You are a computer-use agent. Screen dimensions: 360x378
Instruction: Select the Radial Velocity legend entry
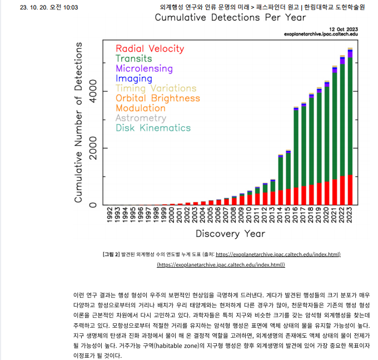[x=150, y=49]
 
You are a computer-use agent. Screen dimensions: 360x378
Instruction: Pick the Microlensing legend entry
[x=144, y=68]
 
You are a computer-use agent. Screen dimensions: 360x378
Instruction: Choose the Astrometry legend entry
[x=141, y=118]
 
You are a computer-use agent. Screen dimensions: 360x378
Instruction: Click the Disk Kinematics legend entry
[x=153, y=128]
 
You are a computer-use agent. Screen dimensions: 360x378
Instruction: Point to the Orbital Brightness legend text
[x=157, y=98]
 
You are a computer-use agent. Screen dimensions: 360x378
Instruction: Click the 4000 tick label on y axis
[x=93, y=90]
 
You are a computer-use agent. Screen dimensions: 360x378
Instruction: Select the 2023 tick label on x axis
[x=350, y=215]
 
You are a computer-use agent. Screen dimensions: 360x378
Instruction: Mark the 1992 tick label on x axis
[x=109, y=215]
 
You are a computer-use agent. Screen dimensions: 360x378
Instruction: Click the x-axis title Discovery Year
[x=230, y=233]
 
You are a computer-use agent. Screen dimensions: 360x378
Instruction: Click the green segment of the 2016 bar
[x=289, y=171]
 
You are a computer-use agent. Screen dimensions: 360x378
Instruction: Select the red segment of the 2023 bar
[x=350, y=190]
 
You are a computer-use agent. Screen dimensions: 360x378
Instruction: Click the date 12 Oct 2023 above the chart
[x=343, y=28]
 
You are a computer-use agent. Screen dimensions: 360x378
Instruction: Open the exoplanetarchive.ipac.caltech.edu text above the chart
[x=321, y=34]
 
